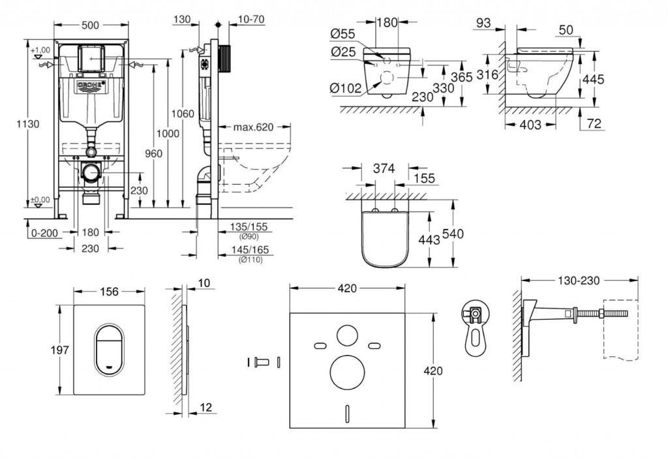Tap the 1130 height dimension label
click(30, 123)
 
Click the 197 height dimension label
click(59, 350)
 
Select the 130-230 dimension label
click(578, 279)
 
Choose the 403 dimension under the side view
click(530, 125)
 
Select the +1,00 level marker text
click(40, 50)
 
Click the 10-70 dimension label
click(251, 19)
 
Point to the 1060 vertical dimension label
click(185, 114)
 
